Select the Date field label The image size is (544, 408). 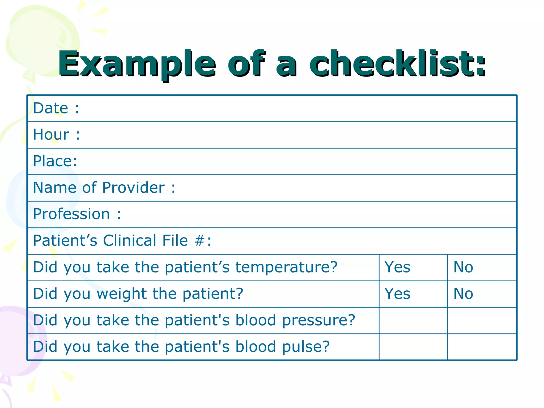coord(50,108)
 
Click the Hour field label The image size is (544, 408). coord(51,134)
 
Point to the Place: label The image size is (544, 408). coord(55,161)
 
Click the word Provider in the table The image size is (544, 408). coord(133,188)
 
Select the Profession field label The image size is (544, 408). coord(71,214)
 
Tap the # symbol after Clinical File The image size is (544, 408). coord(199,241)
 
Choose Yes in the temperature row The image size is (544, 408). coord(397,267)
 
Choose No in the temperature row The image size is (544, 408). coord(463,267)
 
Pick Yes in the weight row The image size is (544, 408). coord(397,294)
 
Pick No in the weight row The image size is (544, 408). coord(463,294)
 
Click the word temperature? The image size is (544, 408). coord(286,267)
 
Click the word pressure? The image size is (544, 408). coord(319,320)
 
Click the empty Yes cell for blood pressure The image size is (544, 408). coord(413,320)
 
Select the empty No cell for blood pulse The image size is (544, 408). coord(482,347)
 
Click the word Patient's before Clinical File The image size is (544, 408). coord(65,241)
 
